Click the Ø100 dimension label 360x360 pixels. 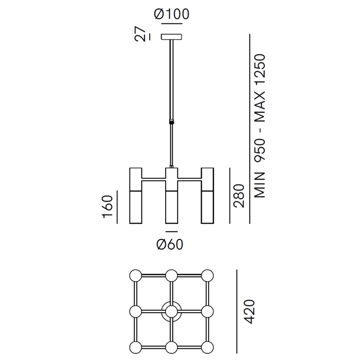[x=171, y=14]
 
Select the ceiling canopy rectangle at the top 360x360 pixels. [x=171, y=36]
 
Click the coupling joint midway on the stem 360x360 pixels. [x=171, y=121]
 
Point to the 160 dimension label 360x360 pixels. [x=108, y=207]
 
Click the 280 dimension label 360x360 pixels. [x=238, y=196]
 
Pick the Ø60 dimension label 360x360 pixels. [x=170, y=244]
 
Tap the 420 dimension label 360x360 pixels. [x=249, y=311]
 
